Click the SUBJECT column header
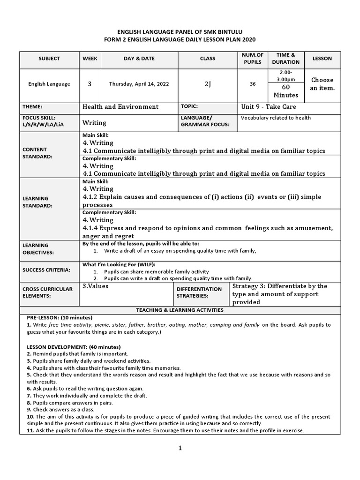coord(49,59)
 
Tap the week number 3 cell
coord(89,84)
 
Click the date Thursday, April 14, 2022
coord(139,84)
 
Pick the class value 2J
coord(208,84)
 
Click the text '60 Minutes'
coord(285,91)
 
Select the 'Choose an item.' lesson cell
coord(322,84)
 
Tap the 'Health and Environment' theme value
coord(120,107)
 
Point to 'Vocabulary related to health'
coord(276,118)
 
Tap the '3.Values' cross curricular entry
coord(95,286)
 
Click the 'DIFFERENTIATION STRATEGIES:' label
coord(199,292)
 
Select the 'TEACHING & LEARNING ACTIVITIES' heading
coord(180,310)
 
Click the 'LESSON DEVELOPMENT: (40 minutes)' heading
coord(67,346)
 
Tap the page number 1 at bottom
coord(180,448)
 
